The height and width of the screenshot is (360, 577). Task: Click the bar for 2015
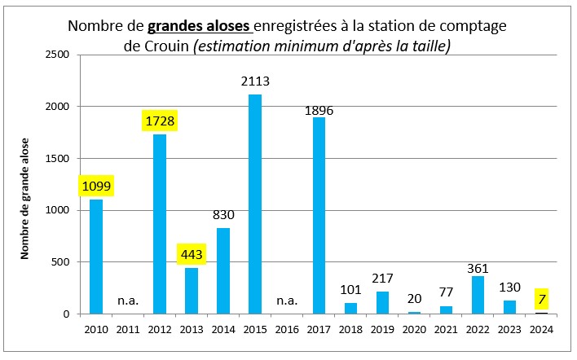pos(255,204)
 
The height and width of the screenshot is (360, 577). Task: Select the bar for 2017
pos(319,215)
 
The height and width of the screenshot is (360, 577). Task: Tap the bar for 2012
pos(160,224)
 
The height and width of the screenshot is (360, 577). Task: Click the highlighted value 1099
pos(96,186)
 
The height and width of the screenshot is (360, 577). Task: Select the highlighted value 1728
pos(160,121)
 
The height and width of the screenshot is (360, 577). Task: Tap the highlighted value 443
pos(192,255)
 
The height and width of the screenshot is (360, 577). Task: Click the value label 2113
pos(255,81)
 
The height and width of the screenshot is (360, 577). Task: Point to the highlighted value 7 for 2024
pos(541,299)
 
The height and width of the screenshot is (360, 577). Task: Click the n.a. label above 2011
pos(128,301)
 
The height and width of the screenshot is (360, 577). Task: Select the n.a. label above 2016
pos(287,301)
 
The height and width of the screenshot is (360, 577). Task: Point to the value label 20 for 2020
pos(414,298)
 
